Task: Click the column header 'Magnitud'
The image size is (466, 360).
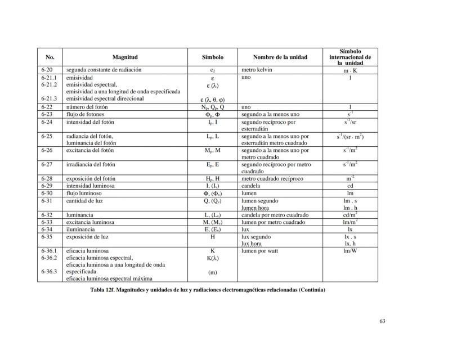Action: [125, 57]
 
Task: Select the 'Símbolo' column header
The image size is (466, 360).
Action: [213, 57]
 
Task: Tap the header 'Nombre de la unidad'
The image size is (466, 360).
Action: [280, 57]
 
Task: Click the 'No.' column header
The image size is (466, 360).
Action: [50, 57]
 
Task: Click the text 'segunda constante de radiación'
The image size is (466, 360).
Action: [104, 70]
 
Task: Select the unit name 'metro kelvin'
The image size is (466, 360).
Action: [257, 70]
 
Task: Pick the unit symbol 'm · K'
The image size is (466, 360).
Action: [350, 70]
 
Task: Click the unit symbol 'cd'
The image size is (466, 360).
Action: [350, 186]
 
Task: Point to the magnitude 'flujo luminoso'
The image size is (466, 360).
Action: [84, 193]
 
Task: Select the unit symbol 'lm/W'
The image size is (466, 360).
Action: [350, 251]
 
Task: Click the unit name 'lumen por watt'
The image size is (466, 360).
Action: [260, 251]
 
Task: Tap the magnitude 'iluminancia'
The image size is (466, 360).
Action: [80, 229]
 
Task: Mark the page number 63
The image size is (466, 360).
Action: [382, 321]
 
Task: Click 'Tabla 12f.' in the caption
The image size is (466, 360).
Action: [104, 290]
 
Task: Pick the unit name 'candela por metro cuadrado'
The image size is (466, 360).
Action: [275, 215]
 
